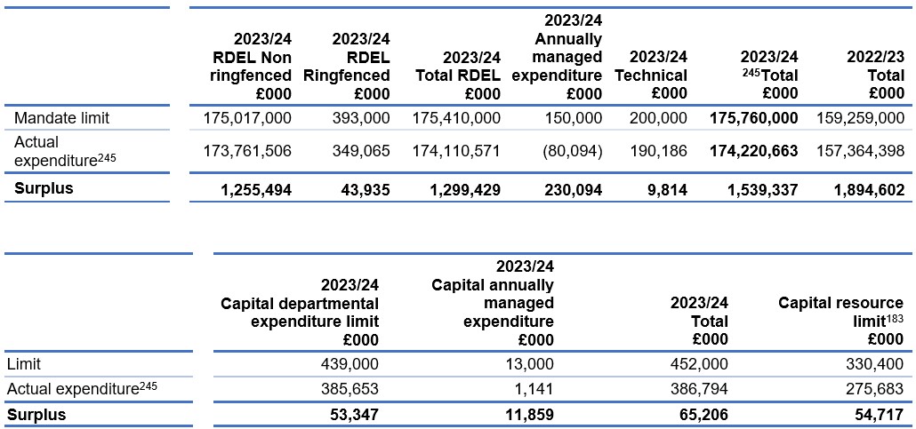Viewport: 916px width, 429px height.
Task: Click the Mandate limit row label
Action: point(62,118)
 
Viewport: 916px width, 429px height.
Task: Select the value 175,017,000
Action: point(247,118)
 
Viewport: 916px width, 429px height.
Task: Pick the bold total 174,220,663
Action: point(753,151)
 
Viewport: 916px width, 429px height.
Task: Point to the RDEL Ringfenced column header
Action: point(360,67)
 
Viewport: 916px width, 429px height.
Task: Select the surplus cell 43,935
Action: point(366,188)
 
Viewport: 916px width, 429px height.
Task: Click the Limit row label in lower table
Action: point(23,364)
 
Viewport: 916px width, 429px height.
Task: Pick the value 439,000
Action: point(350,364)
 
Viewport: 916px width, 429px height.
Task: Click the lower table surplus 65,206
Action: point(704,415)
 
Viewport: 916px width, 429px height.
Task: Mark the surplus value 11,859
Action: point(530,415)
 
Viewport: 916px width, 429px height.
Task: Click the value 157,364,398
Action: point(861,151)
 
